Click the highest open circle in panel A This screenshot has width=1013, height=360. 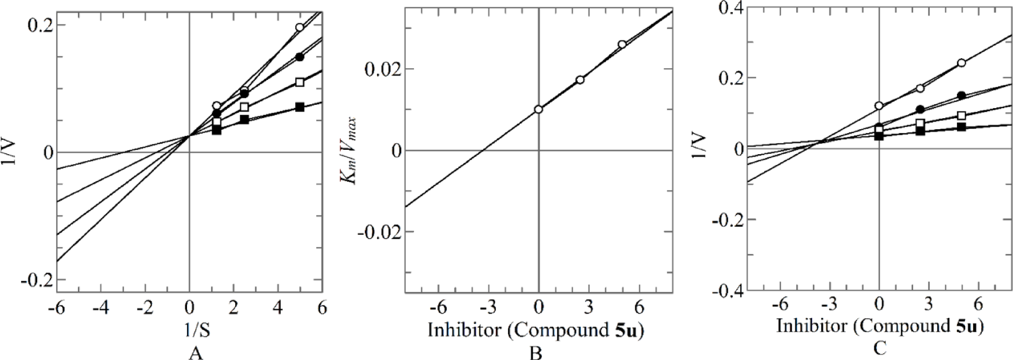300,27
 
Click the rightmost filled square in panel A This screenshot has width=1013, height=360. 300,107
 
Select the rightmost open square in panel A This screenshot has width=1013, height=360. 300,82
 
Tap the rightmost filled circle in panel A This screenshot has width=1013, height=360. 300,57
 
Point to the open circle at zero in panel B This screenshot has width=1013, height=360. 538,109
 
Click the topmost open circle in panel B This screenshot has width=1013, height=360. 622,44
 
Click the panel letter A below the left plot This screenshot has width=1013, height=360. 195,353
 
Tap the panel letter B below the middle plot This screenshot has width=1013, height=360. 535,353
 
